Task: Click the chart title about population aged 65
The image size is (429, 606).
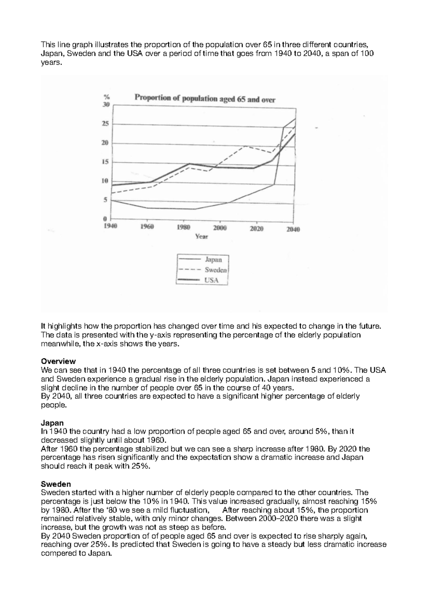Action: pyautogui.click(x=205, y=99)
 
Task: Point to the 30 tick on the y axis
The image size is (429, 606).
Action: pyautogui.click(x=106, y=105)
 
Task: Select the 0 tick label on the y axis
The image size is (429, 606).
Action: pyautogui.click(x=105, y=218)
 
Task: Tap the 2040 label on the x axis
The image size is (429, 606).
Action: pyautogui.click(x=293, y=229)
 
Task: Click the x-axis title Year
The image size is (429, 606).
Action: pyautogui.click(x=202, y=236)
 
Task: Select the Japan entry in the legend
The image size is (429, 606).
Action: pyautogui.click(x=213, y=260)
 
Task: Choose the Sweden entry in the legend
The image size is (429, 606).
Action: pyautogui.click(x=216, y=270)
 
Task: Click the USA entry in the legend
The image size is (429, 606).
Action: pyautogui.click(x=211, y=280)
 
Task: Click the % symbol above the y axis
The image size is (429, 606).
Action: pyautogui.click(x=106, y=96)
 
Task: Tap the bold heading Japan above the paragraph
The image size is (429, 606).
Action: pyautogui.click(x=52, y=423)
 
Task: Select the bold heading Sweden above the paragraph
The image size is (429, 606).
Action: pyautogui.click(x=56, y=484)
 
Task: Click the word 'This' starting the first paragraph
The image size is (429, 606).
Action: pyautogui.click(x=48, y=45)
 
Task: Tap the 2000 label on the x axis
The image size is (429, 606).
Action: pyautogui.click(x=220, y=228)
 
